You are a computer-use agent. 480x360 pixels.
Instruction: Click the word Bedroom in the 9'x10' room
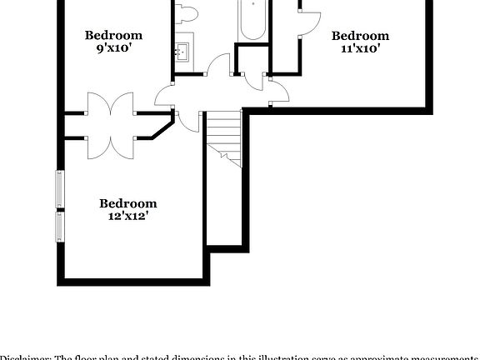[114, 35]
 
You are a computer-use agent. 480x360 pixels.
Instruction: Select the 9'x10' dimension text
[114, 48]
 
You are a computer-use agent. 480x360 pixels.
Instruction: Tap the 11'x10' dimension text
[360, 48]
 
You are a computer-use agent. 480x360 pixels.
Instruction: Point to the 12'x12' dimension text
[127, 216]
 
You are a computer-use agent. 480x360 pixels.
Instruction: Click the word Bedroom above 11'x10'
[360, 35]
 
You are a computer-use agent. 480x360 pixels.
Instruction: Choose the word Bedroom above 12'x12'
[127, 202]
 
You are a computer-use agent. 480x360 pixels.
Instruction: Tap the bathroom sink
[182, 52]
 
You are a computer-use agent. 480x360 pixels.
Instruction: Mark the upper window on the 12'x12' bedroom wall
[59, 188]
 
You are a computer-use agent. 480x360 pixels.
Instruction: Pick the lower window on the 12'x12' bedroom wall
[59, 227]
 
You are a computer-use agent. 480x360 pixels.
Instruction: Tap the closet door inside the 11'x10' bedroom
[308, 21]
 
